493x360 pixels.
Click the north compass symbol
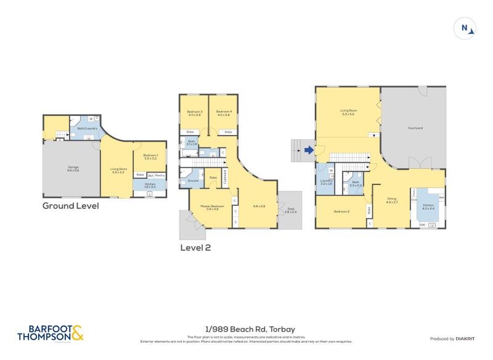click(465, 28)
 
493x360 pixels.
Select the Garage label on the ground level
click(73, 168)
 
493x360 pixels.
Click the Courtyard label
click(415, 128)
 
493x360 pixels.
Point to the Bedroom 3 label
click(195, 113)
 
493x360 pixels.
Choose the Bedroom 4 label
click(224, 113)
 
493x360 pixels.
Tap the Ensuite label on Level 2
click(193, 181)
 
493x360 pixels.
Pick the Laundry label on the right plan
click(326, 182)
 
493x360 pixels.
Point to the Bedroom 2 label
click(342, 211)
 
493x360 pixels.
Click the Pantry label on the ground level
click(160, 175)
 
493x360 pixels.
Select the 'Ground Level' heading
click(70, 206)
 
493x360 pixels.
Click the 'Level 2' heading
click(195, 247)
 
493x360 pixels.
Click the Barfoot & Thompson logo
click(50, 333)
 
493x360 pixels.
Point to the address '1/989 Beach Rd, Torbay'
click(246, 330)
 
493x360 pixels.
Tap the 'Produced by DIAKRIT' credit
click(455, 338)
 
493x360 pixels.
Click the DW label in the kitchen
click(422, 224)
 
